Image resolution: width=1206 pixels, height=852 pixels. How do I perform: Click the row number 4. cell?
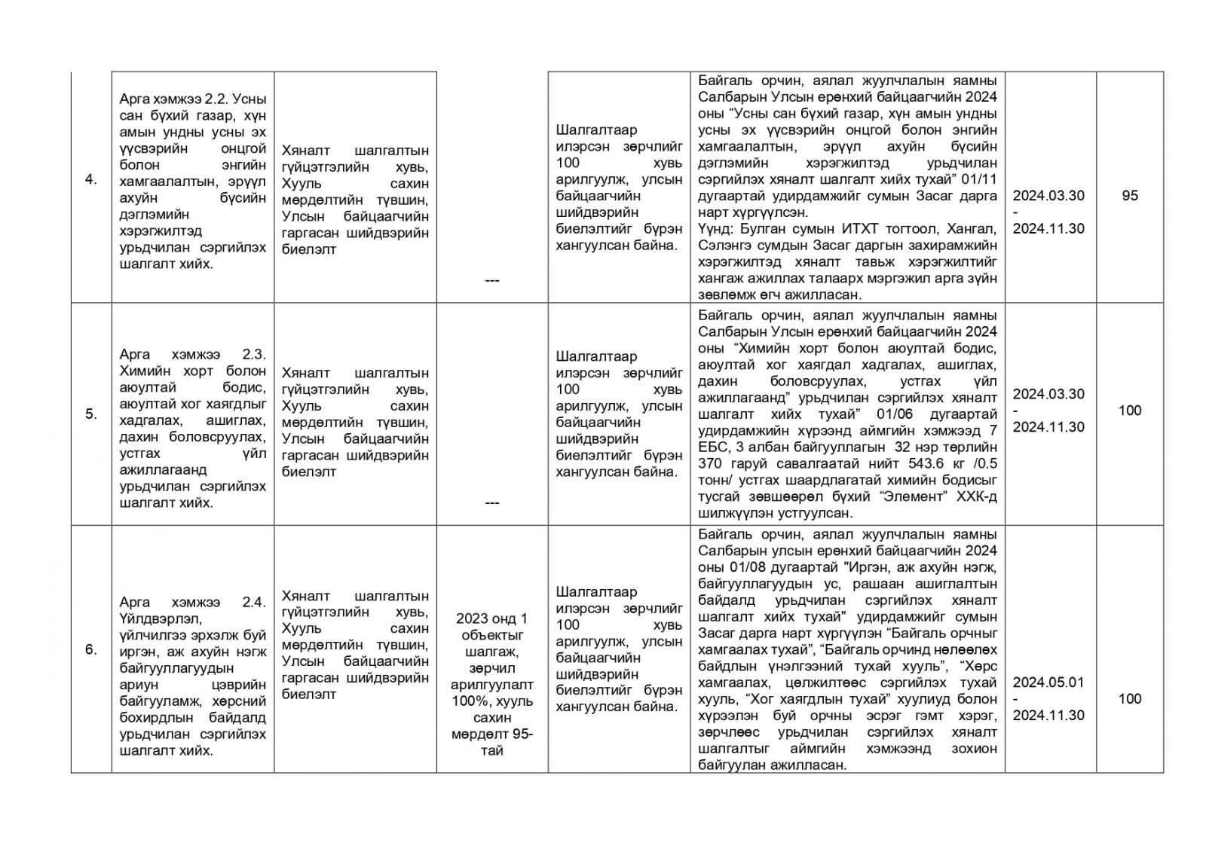point(90,180)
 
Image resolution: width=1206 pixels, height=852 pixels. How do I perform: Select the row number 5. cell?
point(90,414)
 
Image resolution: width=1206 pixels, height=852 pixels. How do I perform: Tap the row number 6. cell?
point(90,649)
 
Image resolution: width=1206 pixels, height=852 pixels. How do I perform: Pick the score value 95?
point(1129,196)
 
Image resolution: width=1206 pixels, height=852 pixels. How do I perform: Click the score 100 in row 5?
point(1129,411)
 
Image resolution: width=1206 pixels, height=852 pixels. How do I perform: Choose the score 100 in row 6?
point(1129,699)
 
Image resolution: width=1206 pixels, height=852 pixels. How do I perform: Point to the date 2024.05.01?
point(1048,683)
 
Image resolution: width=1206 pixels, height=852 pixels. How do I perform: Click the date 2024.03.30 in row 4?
point(1048,196)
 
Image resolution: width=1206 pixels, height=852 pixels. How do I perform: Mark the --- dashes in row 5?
point(491,502)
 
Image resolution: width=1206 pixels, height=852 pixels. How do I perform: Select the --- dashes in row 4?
point(491,280)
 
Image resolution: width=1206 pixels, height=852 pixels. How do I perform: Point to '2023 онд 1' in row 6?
point(491,619)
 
